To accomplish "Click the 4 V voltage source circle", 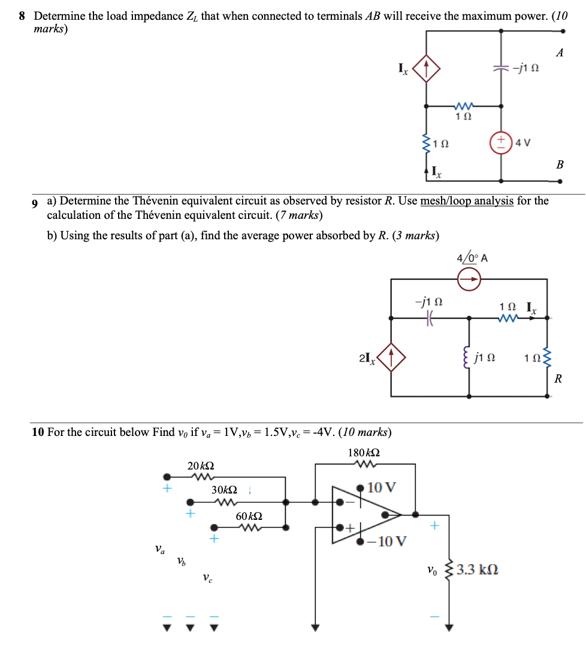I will (x=501, y=142).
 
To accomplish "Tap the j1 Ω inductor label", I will (x=484, y=359).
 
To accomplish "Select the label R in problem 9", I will (x=558, y=378).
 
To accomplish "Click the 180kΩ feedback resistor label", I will (x=364, y=452).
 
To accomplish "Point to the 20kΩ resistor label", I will (x=201, y=466).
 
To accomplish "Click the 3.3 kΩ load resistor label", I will (x=478, y=569).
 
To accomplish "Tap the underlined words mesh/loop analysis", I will (x=467, y=201).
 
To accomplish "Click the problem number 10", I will (x=37, y=432).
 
